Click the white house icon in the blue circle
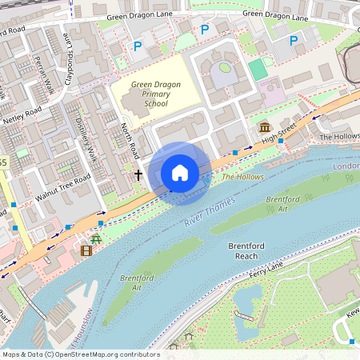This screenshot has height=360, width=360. (x=180, y=173)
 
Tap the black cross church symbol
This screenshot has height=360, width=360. (x=138, y=174)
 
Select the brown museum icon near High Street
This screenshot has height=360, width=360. (x=264, y=128)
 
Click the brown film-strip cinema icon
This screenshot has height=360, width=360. (x=86, y=250)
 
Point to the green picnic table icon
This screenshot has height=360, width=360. (x=96, y=238)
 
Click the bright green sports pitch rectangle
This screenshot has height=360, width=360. (x=258, y=70)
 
